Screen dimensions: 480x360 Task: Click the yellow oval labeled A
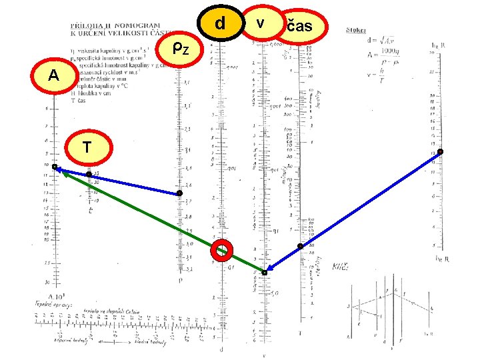click(53, 75)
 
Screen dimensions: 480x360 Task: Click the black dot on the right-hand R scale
click(440, 152)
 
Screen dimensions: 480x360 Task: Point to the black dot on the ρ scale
click(179, 193)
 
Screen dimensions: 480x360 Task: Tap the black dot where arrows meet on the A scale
click(55, 167)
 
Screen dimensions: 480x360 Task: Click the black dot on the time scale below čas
click(300, 247)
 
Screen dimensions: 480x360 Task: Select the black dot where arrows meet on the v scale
click(264, 273)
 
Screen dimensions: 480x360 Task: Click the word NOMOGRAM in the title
click(139, 25)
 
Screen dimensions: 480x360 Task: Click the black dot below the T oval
click(89, 175)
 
